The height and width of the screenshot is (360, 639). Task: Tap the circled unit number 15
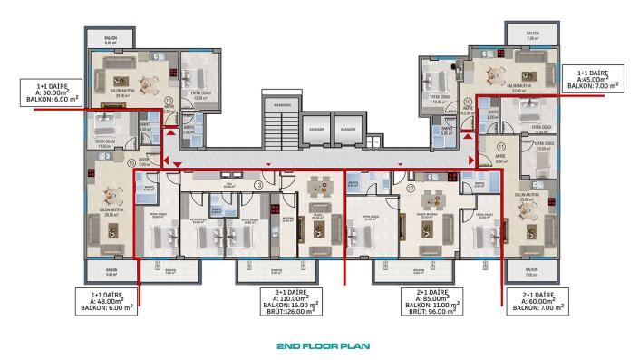coord(131,163)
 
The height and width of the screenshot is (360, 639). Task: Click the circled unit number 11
coord(500,144)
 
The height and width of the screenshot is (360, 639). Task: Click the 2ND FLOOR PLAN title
coord(320,346)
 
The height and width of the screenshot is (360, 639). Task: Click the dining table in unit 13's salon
coord(318,188)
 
